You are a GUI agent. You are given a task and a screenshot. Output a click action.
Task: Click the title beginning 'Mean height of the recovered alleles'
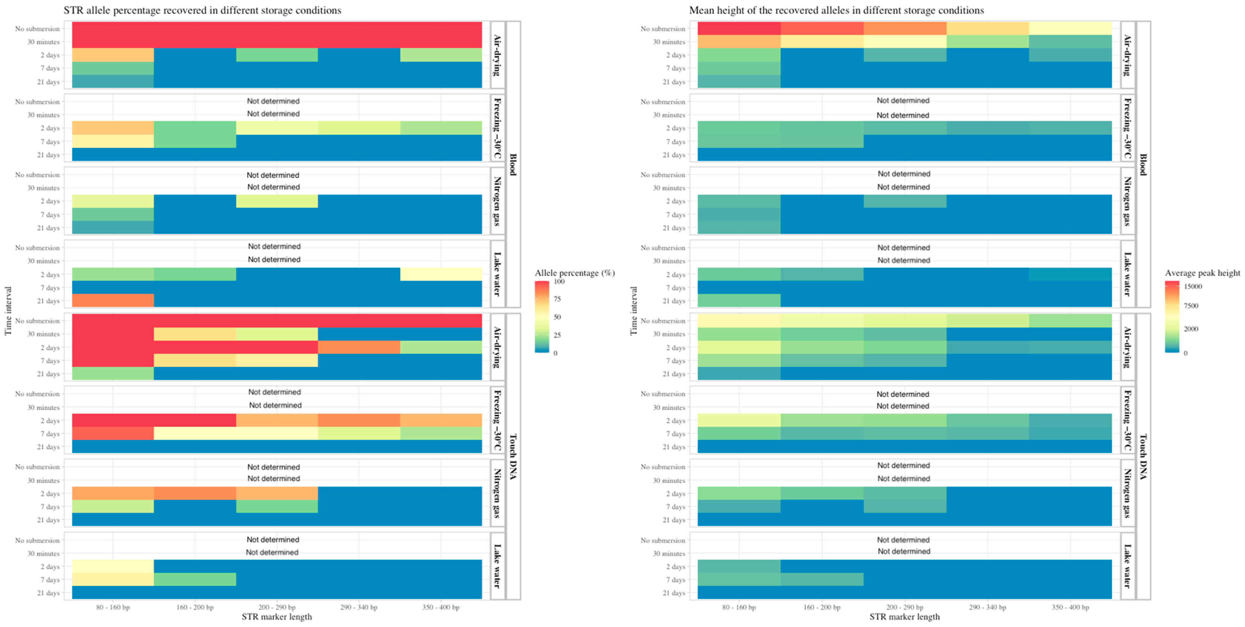pyautogui.click(x=836, y=10)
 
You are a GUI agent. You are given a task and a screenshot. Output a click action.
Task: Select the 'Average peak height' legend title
pyautogui.click(x=1202, y=273)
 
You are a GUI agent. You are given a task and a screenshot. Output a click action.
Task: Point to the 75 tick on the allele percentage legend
pyautogui.click(x=557, y=299)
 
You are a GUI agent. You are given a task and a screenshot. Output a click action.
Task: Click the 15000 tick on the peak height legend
pyautogui.click(x=1192, y=286)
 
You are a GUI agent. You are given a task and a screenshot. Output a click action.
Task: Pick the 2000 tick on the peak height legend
pyautogui.click(x=1190, y=329)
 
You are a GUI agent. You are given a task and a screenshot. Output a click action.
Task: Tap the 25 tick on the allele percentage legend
pyautogui.click(x=557, y=335)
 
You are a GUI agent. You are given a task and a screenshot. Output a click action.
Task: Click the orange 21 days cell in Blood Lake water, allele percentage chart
pyautogui.click(x=113, y=300)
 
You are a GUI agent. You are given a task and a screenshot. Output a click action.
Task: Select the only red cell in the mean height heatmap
pyautogui.click(x=738, y=28)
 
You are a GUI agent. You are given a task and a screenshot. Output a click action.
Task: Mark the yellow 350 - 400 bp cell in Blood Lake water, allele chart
pyautogui.click(x=441, y=274)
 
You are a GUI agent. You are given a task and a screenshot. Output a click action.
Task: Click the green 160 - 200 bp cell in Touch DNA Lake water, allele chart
pyautogui.click(x=195, y=579)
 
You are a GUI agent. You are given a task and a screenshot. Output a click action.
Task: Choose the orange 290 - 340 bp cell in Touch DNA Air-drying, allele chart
pyautogui.click(x=359, y=347)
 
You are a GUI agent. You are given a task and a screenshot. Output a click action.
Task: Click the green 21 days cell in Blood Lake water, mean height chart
pyautogui.click(x=738, y=300)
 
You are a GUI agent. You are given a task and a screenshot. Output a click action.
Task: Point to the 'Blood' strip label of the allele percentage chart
pyautogui.click(x=513, y=164)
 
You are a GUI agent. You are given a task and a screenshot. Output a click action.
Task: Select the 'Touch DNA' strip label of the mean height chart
pyautogui.click(x=1143, y=457)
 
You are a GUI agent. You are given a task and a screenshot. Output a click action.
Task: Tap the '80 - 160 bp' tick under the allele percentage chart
pyautogui.click(x=113, y=607)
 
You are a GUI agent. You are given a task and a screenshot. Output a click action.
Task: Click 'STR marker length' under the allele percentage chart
pyautogui.click(x=277, y=617)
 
